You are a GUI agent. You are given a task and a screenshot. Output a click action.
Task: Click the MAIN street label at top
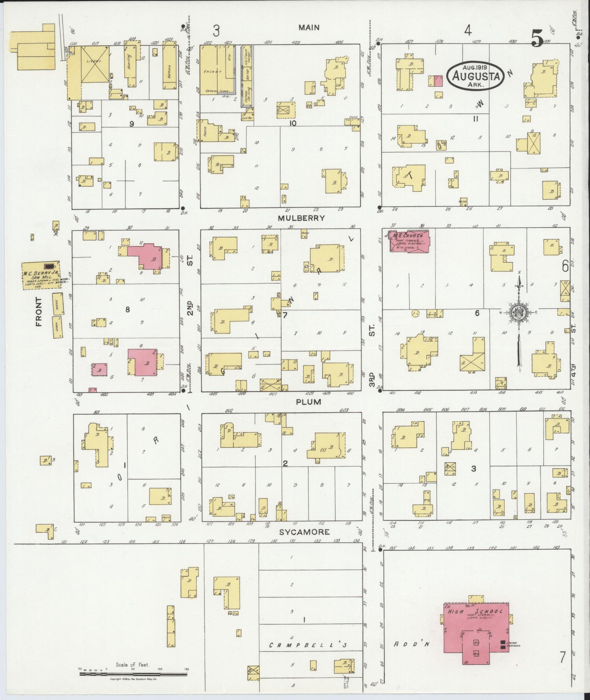[309, 27]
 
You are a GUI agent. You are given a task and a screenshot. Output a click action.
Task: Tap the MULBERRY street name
[301, 218]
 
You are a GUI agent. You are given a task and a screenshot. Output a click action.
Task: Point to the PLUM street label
[309, 402]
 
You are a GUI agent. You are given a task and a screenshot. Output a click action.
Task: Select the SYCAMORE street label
[304, 532]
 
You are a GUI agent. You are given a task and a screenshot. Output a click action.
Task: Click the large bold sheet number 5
[537, 38]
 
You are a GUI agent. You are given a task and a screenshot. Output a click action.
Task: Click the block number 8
[127, 310]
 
